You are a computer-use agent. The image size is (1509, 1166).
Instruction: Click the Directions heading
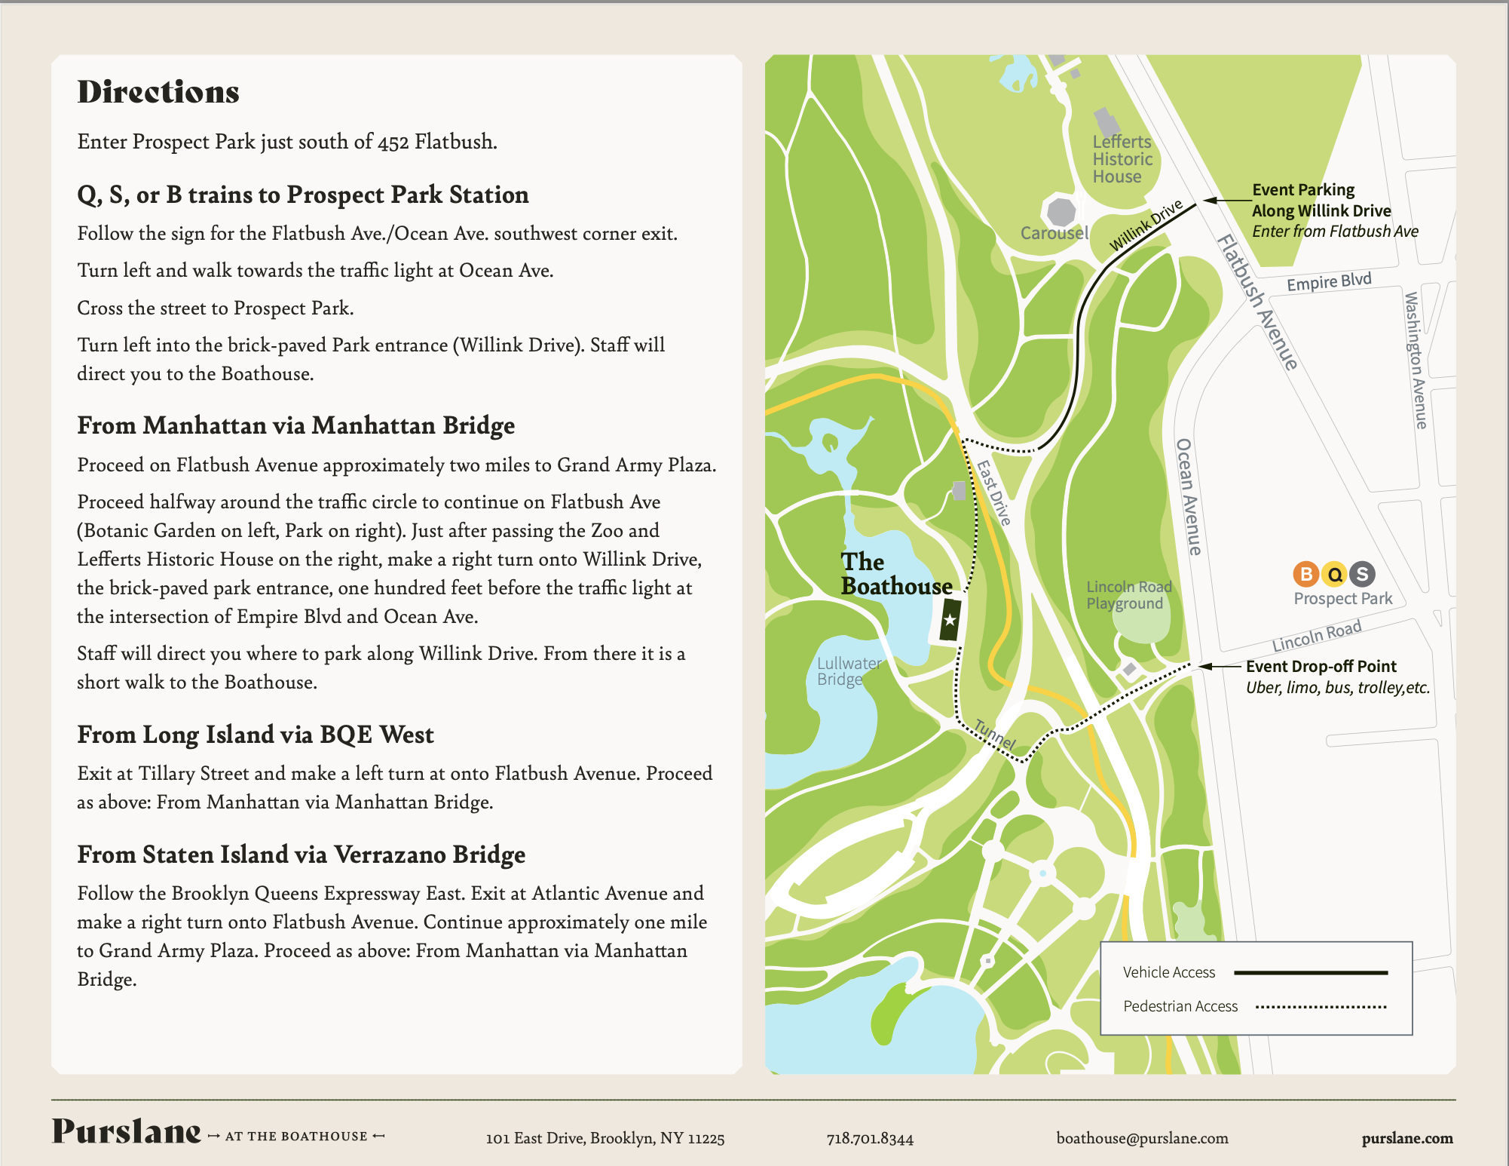(158, 92)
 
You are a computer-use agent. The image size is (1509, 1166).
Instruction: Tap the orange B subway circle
(1306, 574)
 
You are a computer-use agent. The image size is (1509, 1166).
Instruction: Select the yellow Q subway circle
(1335, 574)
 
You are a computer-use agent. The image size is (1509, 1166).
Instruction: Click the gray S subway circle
(1362, 574)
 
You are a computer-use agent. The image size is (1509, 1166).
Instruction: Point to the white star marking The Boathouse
(950, 620)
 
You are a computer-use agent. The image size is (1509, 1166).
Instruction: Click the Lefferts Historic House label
(1122, 159)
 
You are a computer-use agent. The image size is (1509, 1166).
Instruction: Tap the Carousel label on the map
(1054, 233)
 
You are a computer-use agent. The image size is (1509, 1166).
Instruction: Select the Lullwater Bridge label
(849, 670)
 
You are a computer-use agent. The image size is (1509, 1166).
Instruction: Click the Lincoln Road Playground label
(1128, 595)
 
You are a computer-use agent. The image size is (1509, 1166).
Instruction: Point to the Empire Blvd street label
(1329, 282)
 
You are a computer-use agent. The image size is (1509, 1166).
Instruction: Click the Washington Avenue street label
(1416, 361)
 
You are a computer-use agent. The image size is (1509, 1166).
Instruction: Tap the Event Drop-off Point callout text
(1321, 667)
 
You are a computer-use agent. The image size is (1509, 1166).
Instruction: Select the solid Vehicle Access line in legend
(1310, 973)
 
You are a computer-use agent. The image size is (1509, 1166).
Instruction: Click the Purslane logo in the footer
(127, 1132)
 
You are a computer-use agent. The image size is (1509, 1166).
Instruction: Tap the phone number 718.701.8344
(870, 1138)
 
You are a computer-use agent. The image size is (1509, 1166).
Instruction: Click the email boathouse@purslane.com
(1142, 1138)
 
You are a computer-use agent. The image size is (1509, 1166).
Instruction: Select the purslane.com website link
(1407, 1138)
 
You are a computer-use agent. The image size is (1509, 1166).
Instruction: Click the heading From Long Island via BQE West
(256, 735)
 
